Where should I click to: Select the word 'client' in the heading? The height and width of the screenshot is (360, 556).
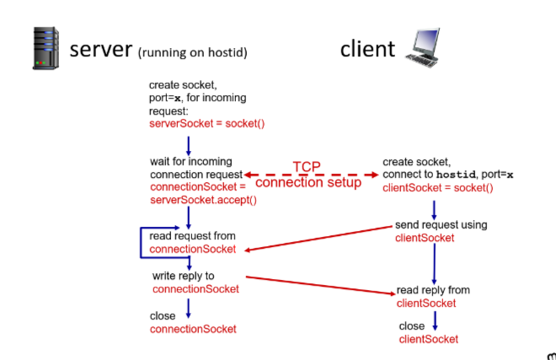point(367,49)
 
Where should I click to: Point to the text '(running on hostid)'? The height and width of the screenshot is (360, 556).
point(193,52)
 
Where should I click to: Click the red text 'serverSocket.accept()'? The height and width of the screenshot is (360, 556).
point(203,200)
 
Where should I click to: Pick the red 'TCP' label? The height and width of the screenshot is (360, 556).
point(307,167)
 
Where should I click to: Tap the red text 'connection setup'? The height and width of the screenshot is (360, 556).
point(307,182)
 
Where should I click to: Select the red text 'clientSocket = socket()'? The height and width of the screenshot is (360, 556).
point(437,187)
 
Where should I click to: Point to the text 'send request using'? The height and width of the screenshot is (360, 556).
point(441,225)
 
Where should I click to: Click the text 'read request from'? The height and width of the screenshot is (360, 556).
point(192,236)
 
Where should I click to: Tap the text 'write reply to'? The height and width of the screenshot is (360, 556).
point(184,276)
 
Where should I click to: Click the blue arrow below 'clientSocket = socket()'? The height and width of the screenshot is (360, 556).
point(434,208)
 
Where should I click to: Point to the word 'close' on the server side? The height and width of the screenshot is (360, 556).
point(163,316)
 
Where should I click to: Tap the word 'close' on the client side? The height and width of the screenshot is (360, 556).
point(412,325)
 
